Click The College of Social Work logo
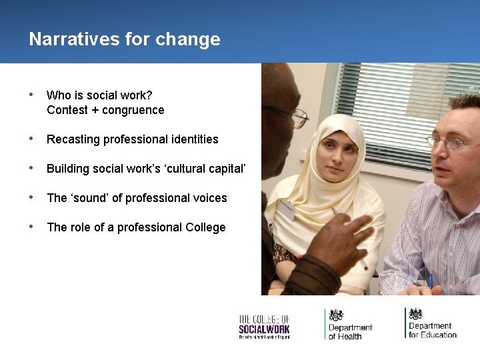click(x=264, y=326)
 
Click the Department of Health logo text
click(x=350, y=331)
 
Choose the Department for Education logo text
click(x=432, y=330)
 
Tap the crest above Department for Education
click(x=416, y=314)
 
